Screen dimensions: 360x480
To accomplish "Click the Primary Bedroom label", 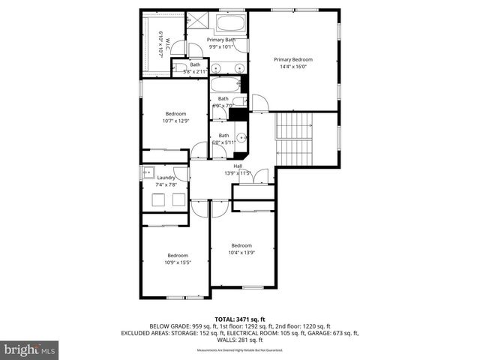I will point(292,59).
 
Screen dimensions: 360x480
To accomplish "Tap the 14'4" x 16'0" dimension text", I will point(292,67).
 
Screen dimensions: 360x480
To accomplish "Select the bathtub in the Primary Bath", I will point(230,22).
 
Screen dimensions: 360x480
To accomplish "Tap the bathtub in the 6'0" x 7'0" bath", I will point(225,84).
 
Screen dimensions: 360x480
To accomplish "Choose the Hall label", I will point(238,166).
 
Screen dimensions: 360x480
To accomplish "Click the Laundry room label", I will point(166,178).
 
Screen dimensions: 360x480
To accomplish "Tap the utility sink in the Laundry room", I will point(147,172).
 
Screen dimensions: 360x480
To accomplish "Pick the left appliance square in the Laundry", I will point(158,199).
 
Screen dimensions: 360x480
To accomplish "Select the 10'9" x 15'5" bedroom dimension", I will point(178,262).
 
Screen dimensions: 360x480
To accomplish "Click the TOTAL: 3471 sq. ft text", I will point(239,319).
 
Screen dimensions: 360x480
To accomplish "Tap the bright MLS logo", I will point(30,349).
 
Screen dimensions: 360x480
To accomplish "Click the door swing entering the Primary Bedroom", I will point(259,102).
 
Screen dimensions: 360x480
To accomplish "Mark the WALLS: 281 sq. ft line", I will point(239,340).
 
